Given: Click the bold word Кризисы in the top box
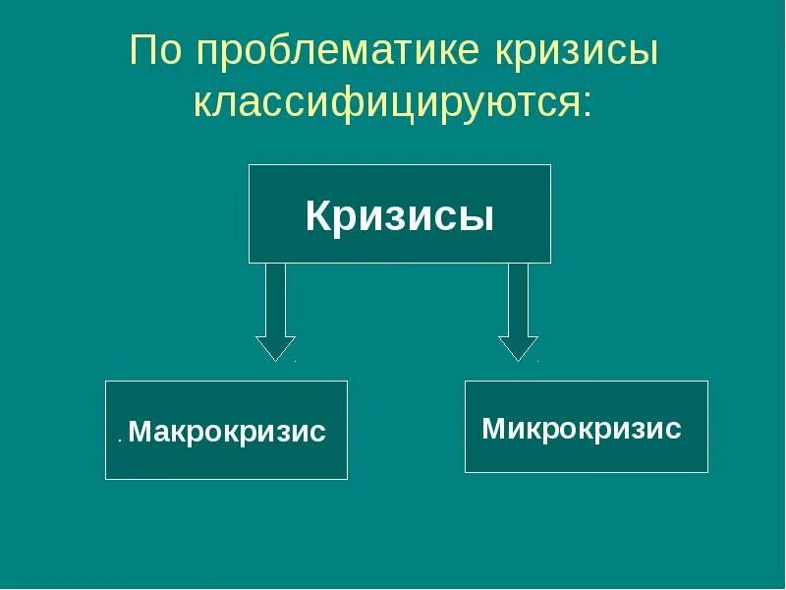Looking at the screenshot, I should (x=399, y=215).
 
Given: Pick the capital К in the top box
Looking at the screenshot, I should (x=318, y=215).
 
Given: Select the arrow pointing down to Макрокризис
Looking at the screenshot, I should (x=276, y=310).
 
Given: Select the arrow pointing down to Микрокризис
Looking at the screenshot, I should (x=518, y=310).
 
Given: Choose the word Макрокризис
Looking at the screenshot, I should (x=227, y=432).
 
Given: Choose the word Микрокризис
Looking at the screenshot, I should (x=582, y=429).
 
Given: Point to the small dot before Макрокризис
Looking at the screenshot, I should (x=119, y=440).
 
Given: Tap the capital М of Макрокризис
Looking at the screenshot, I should (x=139, y=432).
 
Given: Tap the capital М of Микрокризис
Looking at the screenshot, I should (x=493, y=429).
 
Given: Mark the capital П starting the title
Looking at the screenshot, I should (x=144, y=52).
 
